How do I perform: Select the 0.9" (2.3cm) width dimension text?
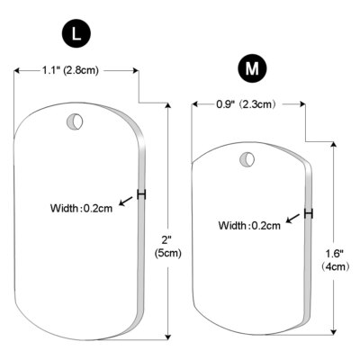tap(246, 104)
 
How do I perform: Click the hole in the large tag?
tap(76, 121)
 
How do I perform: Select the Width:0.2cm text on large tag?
tap(82, 209)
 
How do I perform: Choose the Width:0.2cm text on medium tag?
tap(249, 225)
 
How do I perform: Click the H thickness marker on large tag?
tap(141, 194)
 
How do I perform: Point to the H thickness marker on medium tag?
tap(309, 213)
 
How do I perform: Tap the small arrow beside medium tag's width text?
tap(293, 218)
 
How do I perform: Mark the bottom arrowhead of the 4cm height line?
tap(335, 328)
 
